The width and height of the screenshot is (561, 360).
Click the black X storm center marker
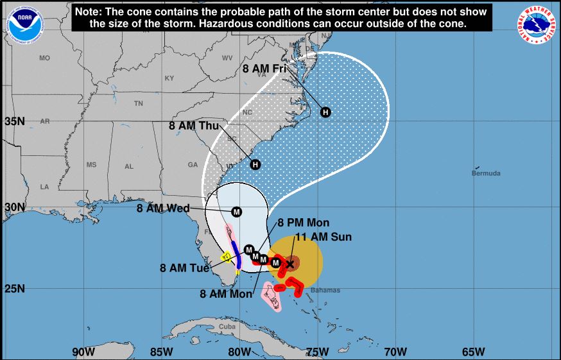click(289, 263)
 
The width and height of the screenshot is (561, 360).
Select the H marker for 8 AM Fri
click(325, 112)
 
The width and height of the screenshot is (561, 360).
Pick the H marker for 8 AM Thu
click(255, 164)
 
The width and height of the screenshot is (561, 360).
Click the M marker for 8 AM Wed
click(236, 212)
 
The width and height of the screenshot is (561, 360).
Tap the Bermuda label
click(485, 173)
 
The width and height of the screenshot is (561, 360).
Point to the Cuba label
click(227, 326)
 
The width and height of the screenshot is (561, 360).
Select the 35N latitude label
click(14, 121)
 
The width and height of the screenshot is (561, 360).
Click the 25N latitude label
click(14, 288)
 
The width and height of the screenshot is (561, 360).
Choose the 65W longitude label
click(473, 351)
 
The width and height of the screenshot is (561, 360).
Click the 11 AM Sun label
click(323, 237)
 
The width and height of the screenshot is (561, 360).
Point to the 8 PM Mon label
click(304, 223)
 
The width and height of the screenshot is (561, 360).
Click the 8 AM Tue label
click(184, 268)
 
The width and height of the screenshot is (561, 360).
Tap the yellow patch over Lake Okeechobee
click(226, 257)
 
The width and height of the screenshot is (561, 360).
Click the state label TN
click(138, 103)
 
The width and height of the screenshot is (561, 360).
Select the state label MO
click(44, 58)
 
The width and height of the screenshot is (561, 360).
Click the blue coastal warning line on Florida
click(236, 253)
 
